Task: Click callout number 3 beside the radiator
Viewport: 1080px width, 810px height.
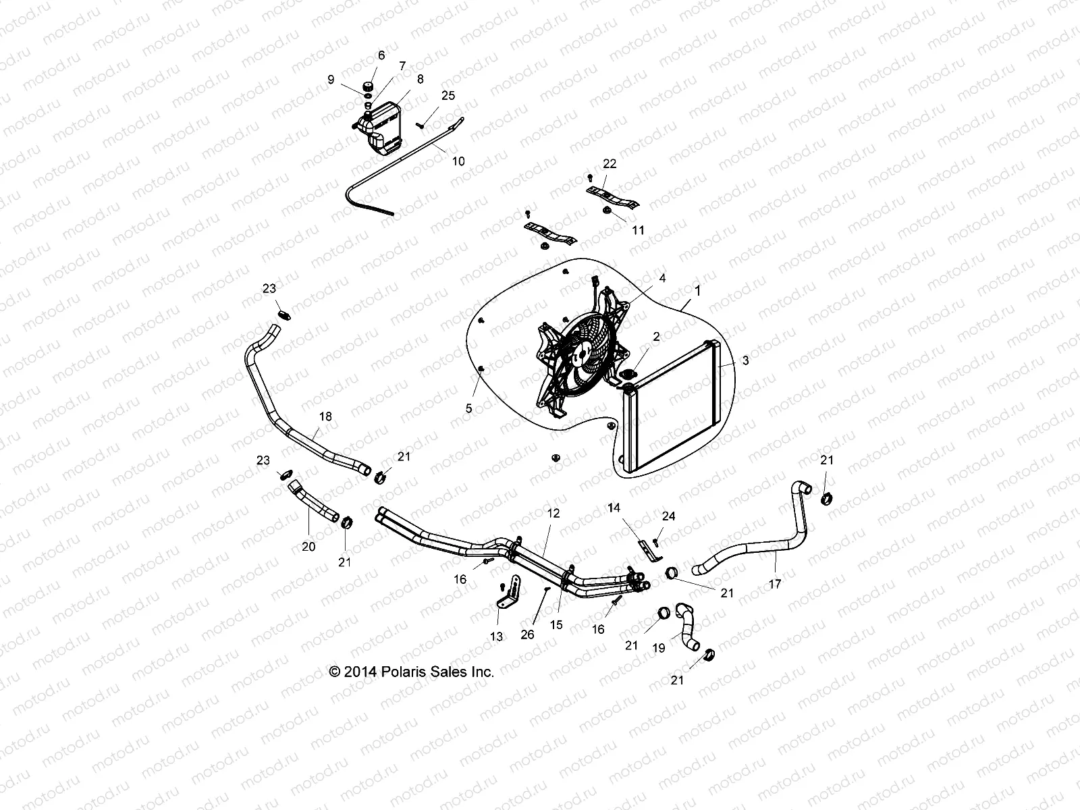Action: click(x=745, y=361)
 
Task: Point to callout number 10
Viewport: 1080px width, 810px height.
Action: click(x=458, y=162)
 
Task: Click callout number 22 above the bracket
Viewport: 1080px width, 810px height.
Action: click(x=610, y=164)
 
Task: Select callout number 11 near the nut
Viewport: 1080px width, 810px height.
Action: click(x=638, y=230)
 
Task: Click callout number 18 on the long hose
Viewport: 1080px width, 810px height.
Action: click(x=325, y=417)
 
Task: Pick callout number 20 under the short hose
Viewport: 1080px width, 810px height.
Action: click(x=308, y=547)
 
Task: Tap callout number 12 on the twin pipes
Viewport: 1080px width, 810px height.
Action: click(x=553, y=514)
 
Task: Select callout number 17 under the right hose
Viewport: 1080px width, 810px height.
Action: click(x=775, y=584)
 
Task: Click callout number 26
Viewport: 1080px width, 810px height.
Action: click(x=528, y=634)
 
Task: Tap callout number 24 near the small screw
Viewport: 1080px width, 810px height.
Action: click(x=668, y=516)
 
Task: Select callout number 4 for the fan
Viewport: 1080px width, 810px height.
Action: click(x=662, y=278)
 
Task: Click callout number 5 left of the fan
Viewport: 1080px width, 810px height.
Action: click(x=468, y=408)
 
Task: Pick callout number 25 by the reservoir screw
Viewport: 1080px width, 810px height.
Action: click(x=448, y=96)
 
